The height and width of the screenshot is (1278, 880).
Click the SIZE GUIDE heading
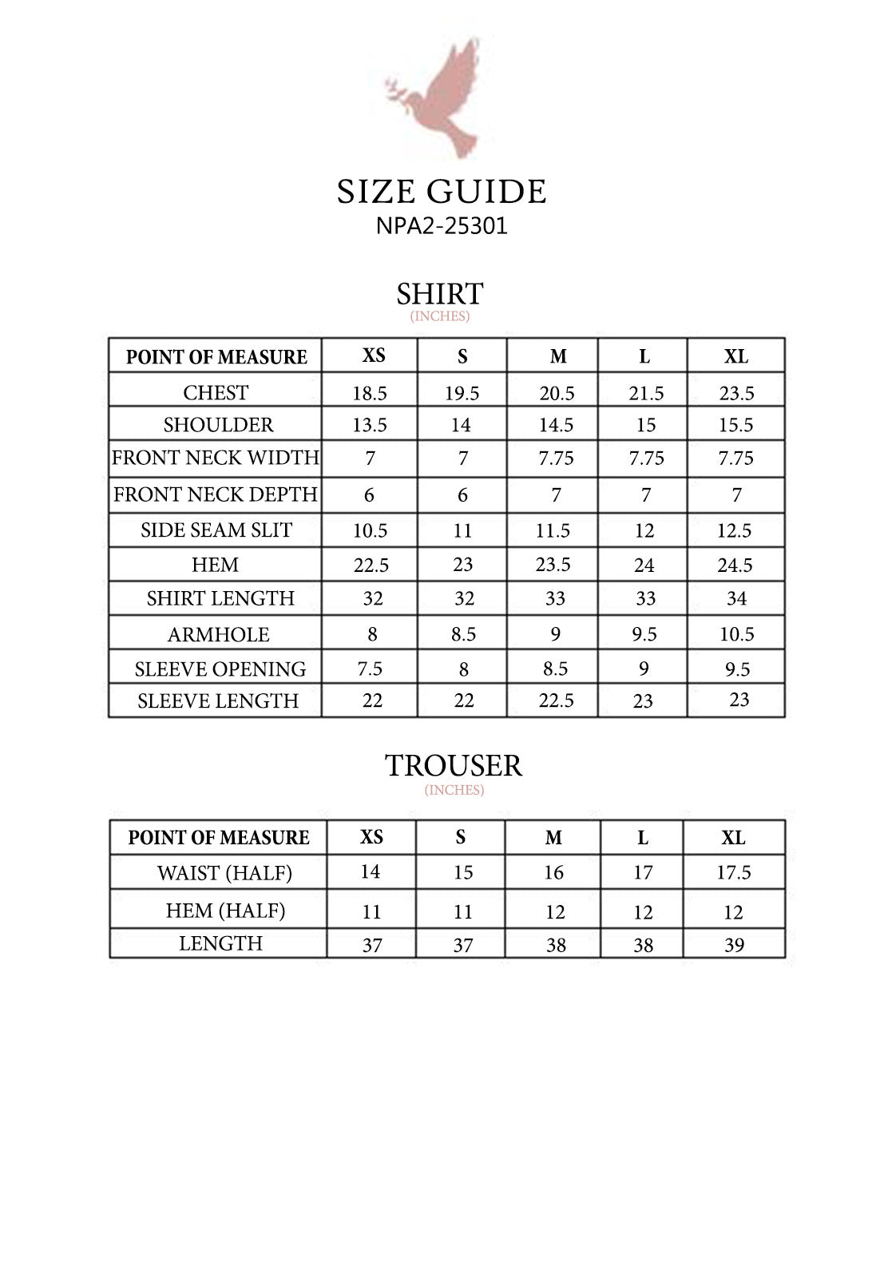441,192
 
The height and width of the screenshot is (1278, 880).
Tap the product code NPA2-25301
442,226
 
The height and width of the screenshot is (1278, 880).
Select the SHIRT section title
440,294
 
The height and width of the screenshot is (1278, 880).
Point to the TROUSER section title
454,765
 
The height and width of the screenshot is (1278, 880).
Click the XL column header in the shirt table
735,356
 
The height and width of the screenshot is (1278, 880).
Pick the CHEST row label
216,392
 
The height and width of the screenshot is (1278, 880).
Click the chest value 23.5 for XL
735,393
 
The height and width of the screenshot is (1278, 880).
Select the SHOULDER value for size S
461,425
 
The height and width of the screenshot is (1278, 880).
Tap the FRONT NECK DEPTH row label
216,494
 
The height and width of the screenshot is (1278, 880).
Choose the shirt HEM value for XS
371,566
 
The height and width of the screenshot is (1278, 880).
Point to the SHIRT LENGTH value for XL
736,598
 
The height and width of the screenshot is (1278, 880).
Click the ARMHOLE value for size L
644,634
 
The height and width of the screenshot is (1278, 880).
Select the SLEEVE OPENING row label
220,669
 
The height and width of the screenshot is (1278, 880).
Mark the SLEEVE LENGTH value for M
556,701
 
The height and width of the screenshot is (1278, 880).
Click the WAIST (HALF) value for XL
733,872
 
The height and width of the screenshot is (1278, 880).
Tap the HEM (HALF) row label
225,911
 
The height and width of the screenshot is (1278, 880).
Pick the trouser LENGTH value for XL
734,945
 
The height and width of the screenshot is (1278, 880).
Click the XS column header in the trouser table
371,837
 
